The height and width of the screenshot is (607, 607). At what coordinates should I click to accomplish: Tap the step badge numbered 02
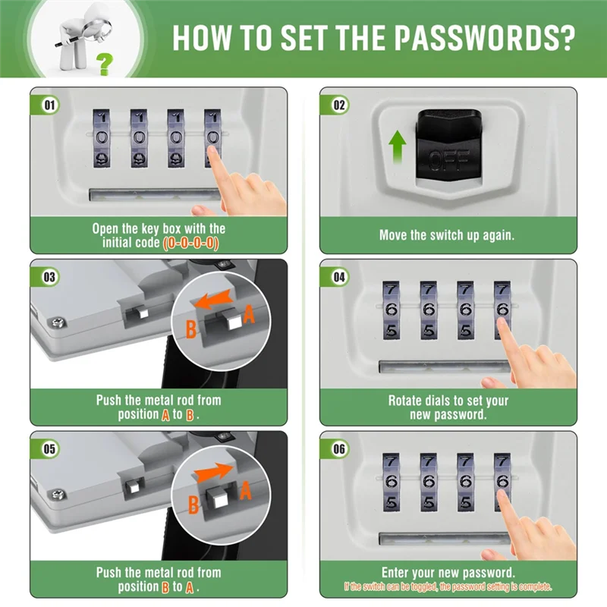[x=339, y=105]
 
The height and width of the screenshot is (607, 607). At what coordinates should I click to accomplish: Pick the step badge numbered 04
[x=339, y=278]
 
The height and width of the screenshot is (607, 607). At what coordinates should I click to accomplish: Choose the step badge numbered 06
[x=339, y=449]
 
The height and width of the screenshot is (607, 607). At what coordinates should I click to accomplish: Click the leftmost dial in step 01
[x=102, y=138]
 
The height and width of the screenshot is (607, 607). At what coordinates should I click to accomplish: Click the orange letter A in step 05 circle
[x=245, y=492]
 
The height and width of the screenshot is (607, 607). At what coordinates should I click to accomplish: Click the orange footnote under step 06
[x=448, y=587]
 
